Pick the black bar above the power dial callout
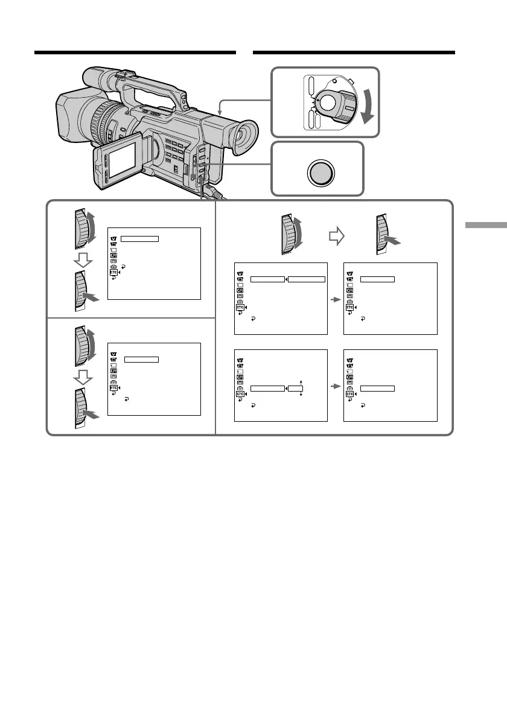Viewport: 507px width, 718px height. click(x=353, y=52)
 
